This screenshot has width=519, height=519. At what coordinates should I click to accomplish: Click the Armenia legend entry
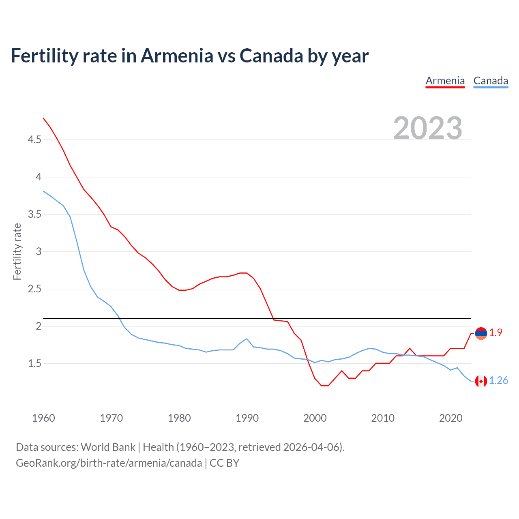coord(445,81)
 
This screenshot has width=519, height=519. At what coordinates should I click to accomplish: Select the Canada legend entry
coord(491,81)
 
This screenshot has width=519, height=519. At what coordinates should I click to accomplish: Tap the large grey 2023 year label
coord(428,128)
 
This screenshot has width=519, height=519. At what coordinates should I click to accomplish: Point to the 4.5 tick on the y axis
coord(34,140)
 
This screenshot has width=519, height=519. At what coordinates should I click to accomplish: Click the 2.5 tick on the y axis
coord(34,289)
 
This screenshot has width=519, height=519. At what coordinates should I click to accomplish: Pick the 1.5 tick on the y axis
coord(34,364)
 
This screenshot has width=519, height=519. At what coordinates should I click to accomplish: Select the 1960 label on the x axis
coord(43,418)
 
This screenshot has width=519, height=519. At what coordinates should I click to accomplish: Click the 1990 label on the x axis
coord(247,418)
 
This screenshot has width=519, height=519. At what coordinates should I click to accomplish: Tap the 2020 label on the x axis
coord(450,418)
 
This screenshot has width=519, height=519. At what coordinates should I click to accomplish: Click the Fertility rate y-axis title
coord(17,251)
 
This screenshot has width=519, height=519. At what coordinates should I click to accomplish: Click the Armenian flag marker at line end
coord(481,333)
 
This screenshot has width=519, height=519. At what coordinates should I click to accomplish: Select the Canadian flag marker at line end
coord(481,381)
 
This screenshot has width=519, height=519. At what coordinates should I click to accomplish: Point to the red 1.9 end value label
coord(495,333)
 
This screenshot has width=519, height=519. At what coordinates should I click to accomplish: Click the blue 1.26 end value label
coord(498,381)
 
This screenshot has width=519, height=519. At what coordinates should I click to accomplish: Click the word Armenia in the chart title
coord(177,56)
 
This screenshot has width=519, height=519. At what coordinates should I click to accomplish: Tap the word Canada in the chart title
coord(271,56)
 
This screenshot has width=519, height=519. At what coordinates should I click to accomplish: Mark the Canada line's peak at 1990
coord(247,339)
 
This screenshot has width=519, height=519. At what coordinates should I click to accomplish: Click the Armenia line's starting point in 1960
coord(43,118)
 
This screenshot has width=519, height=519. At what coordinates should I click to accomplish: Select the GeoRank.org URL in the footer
coord(109,463)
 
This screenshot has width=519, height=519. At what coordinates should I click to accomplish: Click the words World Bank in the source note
coord(108,447)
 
